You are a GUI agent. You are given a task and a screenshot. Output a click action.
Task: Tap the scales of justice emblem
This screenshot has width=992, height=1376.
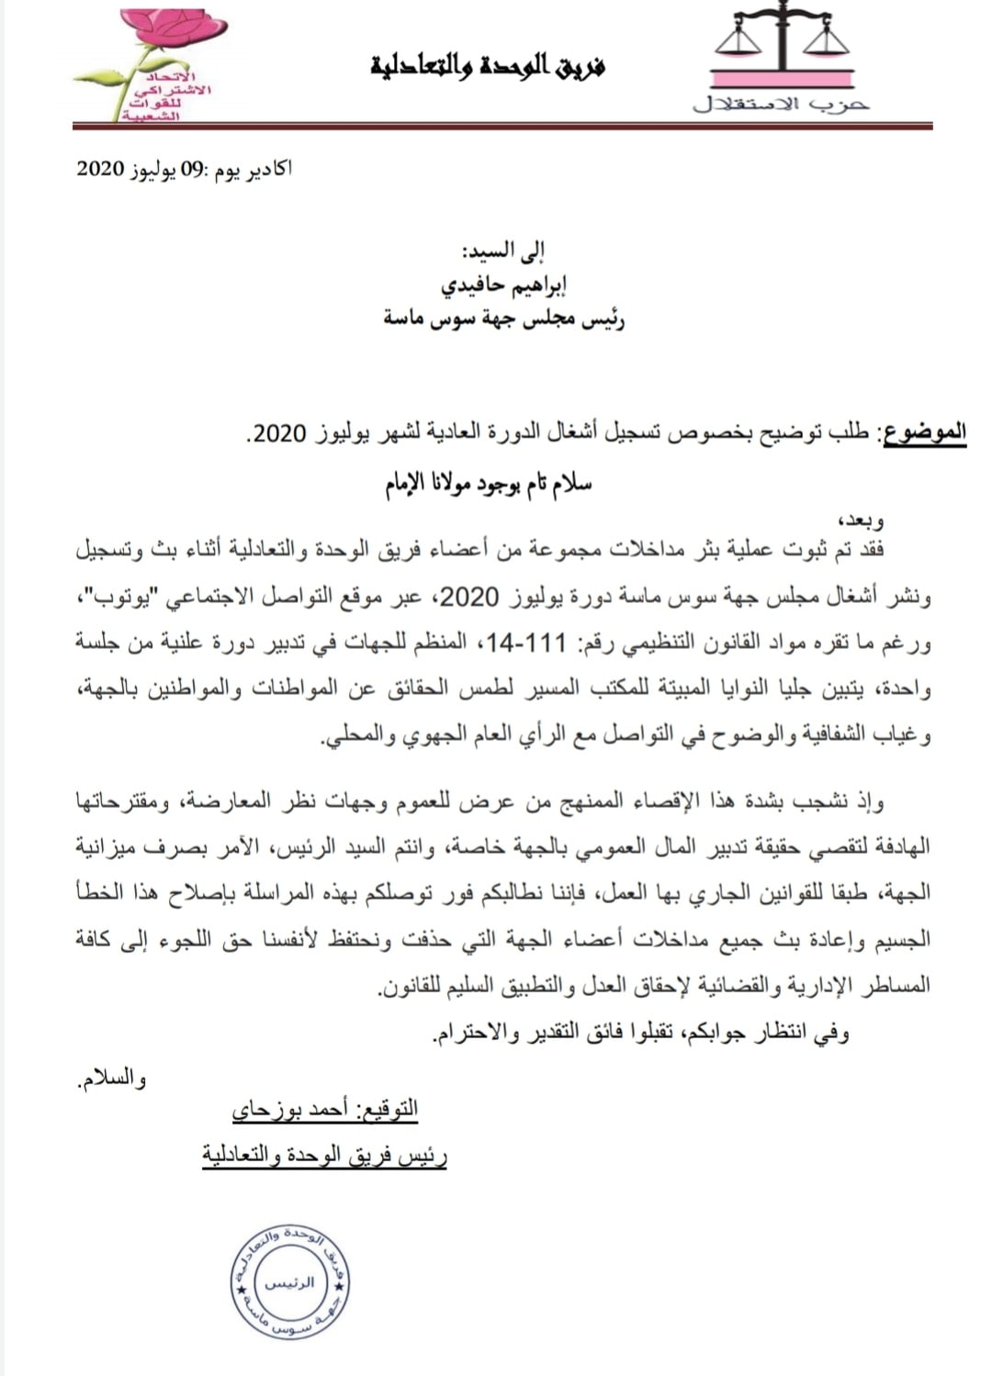pyautogui.click(x=783, y=46)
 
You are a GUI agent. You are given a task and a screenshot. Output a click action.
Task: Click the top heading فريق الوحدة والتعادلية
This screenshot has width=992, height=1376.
pyautogui.click(x=489, y=66)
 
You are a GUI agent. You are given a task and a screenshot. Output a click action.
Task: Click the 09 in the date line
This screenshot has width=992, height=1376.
pyautogui.click(x=190, y=170)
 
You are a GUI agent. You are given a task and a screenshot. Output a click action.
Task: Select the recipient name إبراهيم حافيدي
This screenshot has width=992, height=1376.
pyautogui.click(x=503, y=285)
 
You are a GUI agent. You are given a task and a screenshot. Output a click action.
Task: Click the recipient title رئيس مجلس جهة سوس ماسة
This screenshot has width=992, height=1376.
pyautogui.click(x=504, y=319)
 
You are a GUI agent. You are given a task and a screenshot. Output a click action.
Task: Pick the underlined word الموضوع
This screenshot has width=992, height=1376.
pyautogui.click(x=923, y=431)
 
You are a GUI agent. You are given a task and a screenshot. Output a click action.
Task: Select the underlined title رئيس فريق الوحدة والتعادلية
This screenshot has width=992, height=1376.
pyautogui.click(x=324, y=1155)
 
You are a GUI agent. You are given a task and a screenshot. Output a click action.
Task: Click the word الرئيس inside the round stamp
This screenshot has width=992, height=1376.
pyautogui.click(x=289, y=1282)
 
